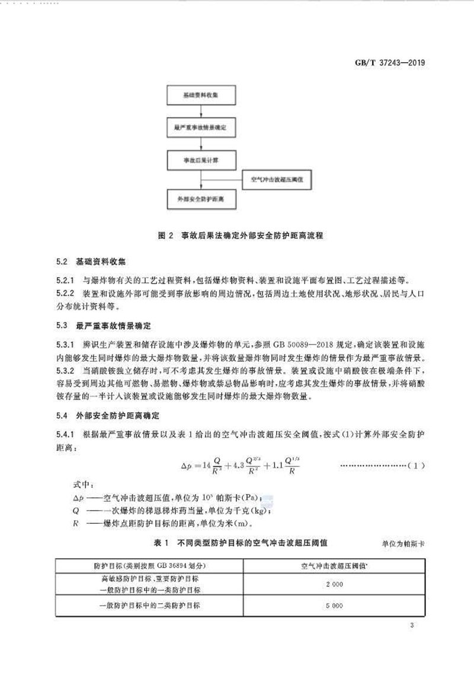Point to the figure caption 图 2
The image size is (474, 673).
tap(165, 235)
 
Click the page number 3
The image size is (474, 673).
tap(411, 626)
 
